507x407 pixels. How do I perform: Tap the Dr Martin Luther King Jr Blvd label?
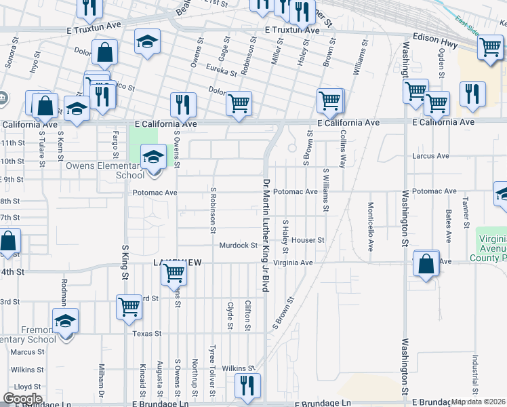[266, 235]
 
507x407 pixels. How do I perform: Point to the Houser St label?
[308, 240]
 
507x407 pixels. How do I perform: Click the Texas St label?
[147, 334]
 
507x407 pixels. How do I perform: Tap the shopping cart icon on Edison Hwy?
[489, 47]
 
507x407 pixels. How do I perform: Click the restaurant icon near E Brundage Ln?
[245, 385]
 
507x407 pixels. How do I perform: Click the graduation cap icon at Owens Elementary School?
[154, 157]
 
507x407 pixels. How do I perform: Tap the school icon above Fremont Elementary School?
[66, 320]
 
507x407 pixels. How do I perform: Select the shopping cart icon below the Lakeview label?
[174, 273]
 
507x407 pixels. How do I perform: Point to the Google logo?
[22, 399]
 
